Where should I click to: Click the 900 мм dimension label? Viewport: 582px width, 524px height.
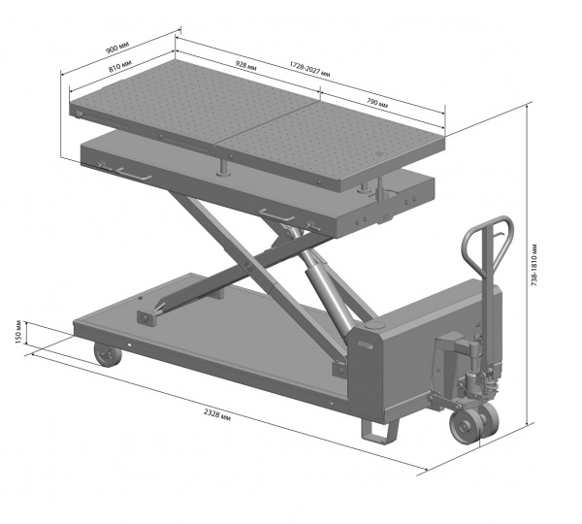tap(117, 48)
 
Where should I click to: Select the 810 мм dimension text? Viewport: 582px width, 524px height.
tap(120, 67)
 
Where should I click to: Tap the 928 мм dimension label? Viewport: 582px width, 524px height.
tap(246, 65)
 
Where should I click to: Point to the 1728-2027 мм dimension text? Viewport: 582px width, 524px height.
tap(309, 69)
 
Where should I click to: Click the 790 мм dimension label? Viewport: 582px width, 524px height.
tap(377, 102)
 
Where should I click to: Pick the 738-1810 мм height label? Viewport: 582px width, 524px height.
tap(534, 265)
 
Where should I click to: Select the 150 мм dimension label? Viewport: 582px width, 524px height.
tap(19, 332)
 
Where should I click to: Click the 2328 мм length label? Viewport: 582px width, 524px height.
tap(217, 414)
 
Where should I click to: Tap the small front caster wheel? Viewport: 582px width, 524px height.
tap(108, 354)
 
